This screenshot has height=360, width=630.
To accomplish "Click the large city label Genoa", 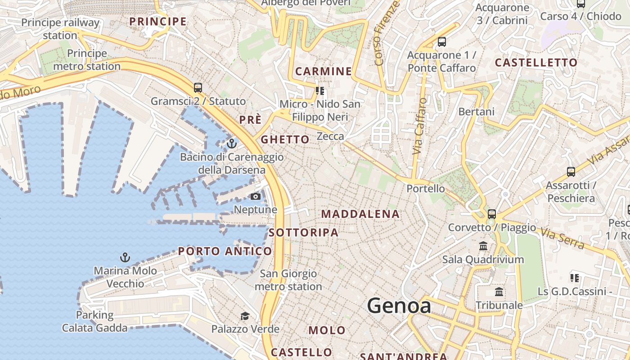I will [399, 306].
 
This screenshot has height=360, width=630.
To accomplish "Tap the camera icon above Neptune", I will [255, 196].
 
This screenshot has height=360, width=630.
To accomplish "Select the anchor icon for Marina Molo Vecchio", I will [125, 257].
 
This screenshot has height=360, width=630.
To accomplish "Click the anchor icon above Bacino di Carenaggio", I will [232, 144].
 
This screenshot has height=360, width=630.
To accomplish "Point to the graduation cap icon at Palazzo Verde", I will [245, 316].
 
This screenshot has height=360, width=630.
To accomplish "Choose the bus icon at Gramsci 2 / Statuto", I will [198, 88].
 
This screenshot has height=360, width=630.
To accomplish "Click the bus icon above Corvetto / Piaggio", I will [491, 214].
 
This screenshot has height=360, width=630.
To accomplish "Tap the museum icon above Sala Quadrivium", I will [483, 246].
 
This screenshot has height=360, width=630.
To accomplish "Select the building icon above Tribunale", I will [499, 292].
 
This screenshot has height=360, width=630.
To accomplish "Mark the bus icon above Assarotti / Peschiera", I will [571, 171].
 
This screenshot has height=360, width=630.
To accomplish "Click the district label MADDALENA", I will [360, 214].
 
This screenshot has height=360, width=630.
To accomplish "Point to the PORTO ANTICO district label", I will [225, 251].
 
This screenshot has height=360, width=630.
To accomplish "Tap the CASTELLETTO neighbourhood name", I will [536, 63].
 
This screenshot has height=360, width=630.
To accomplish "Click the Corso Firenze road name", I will [387, 34].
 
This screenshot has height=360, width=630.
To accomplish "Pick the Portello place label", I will [425, 189].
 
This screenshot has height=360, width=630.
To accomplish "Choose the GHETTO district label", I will [285, 139].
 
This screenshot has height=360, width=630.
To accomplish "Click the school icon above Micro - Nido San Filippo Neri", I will [320, 91].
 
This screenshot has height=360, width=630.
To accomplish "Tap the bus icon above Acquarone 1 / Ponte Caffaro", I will [441, 42].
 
